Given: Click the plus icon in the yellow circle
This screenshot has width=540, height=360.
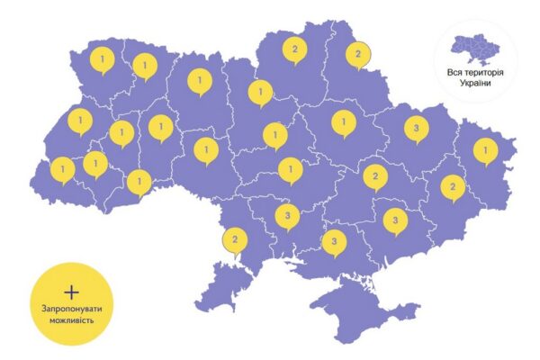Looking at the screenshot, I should point(72,293).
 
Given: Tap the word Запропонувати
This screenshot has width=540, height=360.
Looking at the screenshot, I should point(72,310).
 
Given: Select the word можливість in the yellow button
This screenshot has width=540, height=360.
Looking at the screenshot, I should point(72,322).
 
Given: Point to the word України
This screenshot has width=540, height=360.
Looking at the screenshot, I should point(474,83).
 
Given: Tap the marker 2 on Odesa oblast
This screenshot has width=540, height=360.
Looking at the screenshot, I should point(235,240).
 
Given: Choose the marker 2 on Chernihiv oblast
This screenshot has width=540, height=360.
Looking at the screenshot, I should point(292,50).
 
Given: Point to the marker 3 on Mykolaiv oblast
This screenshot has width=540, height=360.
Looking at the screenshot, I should point(287,216).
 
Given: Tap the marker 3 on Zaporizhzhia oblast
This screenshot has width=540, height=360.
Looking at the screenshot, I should point(394,219).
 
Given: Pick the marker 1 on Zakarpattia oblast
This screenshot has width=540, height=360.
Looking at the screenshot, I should point(63,167).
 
